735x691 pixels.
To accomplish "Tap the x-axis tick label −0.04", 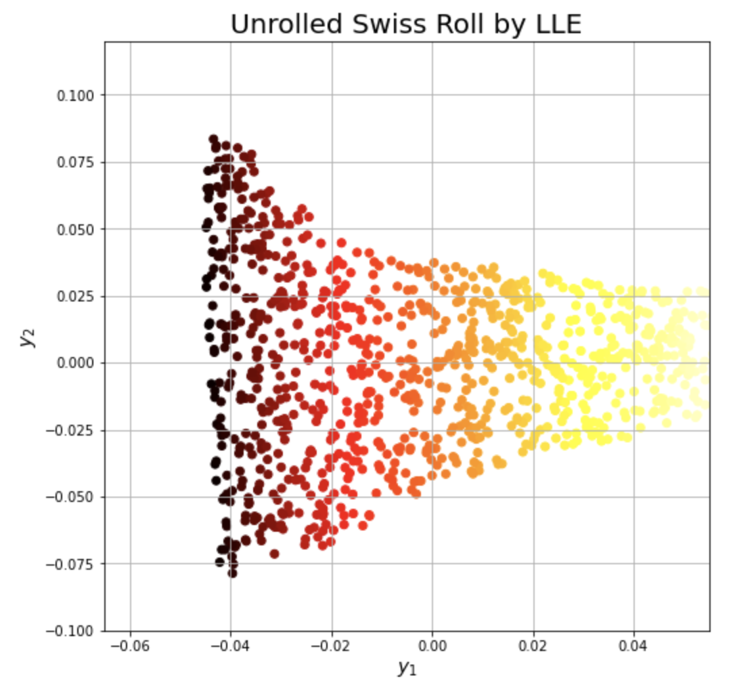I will [230, 646].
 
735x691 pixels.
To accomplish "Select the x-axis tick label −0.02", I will [331, 646].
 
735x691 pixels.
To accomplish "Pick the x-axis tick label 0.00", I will [432, 646].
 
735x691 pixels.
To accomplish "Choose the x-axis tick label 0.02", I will [533, 646].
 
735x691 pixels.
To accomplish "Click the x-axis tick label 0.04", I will [634, 646].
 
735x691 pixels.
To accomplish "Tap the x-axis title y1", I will [407, 669].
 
